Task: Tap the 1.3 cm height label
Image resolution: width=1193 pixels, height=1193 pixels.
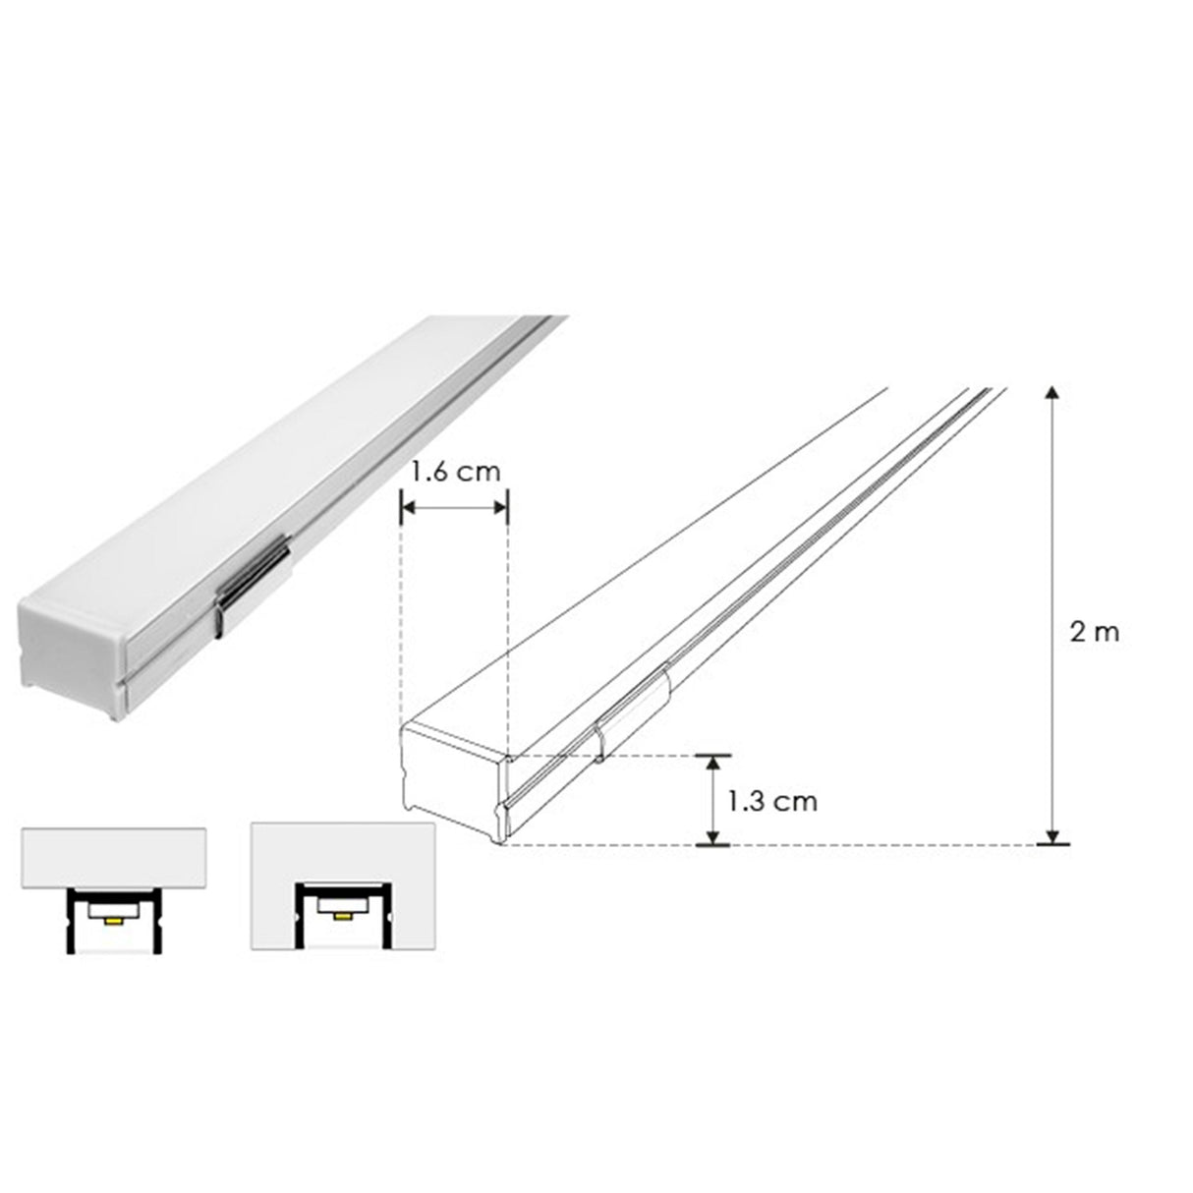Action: (x=772, y=801)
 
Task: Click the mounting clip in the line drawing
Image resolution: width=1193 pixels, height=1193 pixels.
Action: (x=631, y=710)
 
